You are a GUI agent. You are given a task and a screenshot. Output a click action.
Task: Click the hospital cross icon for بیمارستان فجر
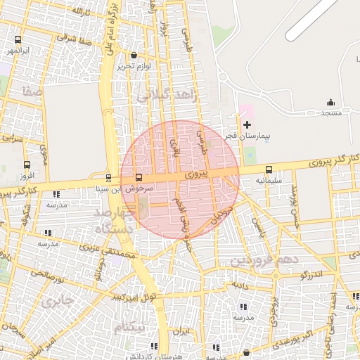[x=247, y=124]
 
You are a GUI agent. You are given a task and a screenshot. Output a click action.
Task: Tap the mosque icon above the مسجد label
[x=331, y=103]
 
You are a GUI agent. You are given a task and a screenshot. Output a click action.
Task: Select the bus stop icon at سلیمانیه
[x=269, y=169]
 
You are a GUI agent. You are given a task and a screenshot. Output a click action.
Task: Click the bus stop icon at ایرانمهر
[x=17, y=40]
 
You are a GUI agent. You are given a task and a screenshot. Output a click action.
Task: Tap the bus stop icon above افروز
[x=27, y=165]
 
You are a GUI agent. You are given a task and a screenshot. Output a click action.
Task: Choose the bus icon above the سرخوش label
[x=138, y=178]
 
